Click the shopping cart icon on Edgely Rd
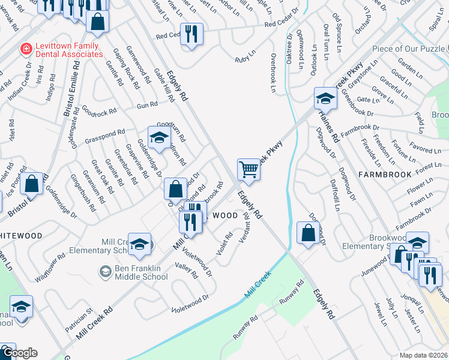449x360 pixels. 249,169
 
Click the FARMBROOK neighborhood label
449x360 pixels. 385,175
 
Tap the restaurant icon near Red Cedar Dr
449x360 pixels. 191,34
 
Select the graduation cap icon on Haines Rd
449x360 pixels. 325,98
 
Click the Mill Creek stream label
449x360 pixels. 258,286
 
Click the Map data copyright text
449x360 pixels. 423,355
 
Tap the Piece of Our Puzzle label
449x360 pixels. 408,49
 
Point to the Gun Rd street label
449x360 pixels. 147,104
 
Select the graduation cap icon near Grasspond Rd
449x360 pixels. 159,137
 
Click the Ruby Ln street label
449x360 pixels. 243,59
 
